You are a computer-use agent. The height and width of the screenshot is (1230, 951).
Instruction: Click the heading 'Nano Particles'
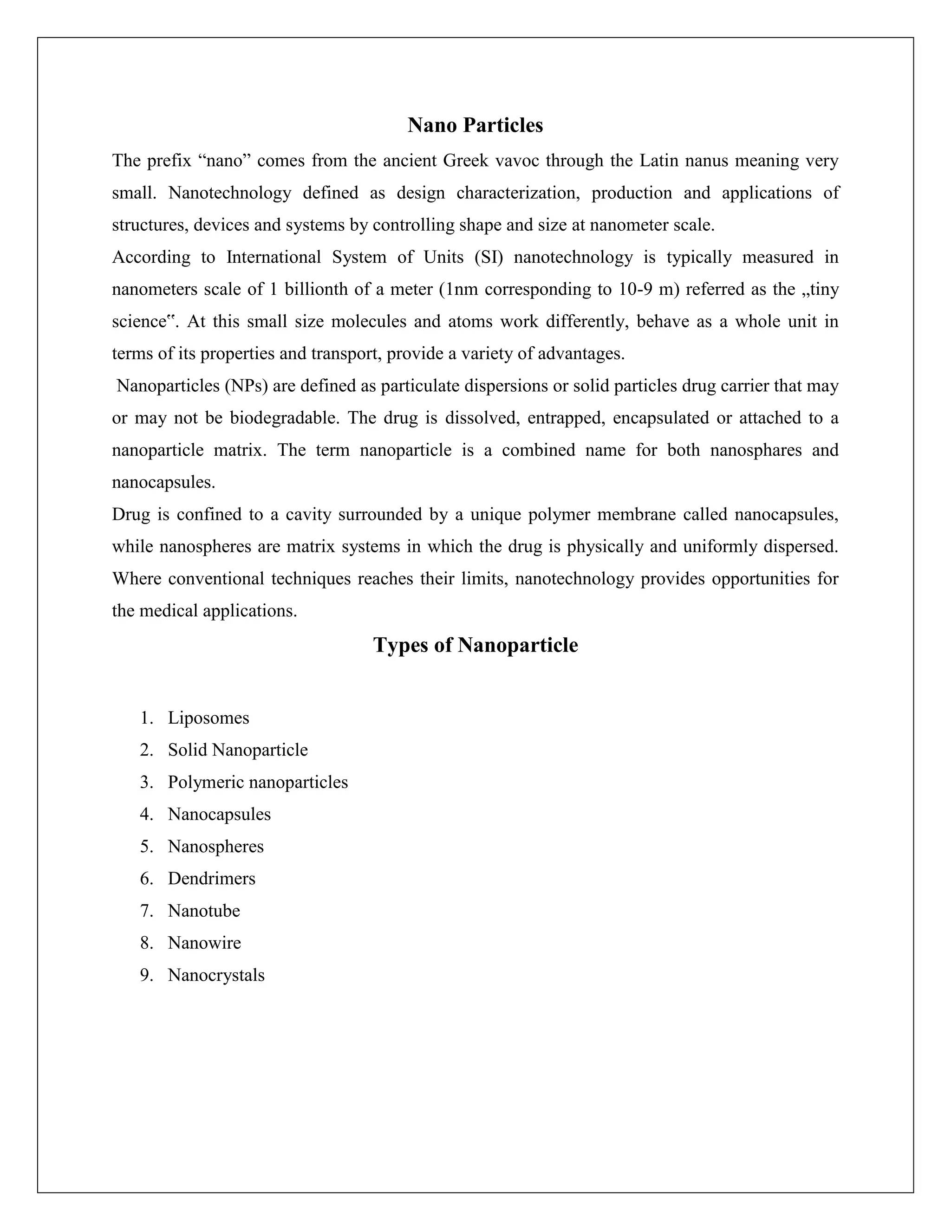pyautogui.click(x=475, y=125)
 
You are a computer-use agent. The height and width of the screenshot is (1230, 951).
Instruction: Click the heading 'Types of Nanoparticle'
pyautogui.click(x=475, y=645)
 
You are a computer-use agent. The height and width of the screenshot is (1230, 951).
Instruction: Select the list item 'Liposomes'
pyautogui.click(x=208, y=718)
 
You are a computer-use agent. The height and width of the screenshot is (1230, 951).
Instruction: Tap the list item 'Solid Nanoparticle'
pyautogui.click(x=237, y=750)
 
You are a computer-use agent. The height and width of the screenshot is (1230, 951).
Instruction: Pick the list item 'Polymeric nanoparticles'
pyautogui.click(x=257, y=782)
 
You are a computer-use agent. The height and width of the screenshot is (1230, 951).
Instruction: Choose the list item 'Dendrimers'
pyautogui.click(x=211, y=879)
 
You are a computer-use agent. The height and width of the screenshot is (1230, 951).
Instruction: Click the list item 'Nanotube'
pyautogui.click(x=203, y=911)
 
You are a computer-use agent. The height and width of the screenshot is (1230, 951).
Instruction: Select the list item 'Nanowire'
pyautogui.click(x=204, y=943)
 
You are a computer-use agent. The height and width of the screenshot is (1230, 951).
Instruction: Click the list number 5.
pyautogui.click(x=146, y=847)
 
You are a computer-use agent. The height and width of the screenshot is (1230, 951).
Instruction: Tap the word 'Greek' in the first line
pyautogui.click(x=465, y=161)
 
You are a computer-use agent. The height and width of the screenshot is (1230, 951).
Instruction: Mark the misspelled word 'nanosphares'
pyautogui.click(x=756, y=450)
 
